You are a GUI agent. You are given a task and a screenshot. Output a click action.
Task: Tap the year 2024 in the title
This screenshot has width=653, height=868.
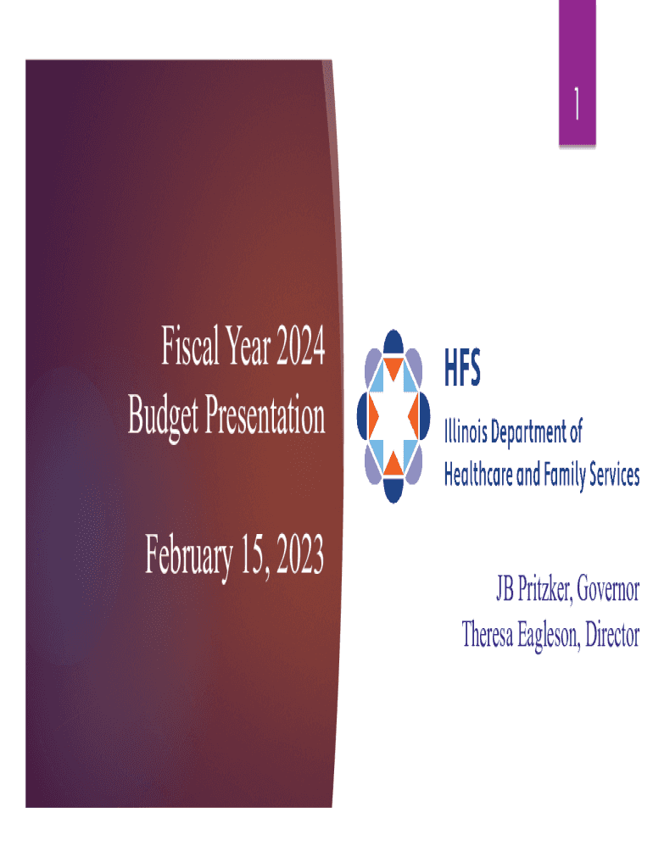pos(295,350)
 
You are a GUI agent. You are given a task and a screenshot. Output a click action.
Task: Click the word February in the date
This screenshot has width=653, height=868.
pos(188,557)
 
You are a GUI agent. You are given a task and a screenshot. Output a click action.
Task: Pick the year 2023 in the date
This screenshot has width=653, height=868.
pos(295,557)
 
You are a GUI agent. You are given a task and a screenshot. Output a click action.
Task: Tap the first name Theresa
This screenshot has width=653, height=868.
pos(491,634)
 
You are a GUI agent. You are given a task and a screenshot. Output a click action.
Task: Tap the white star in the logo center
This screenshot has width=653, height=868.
pos(392,415)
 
